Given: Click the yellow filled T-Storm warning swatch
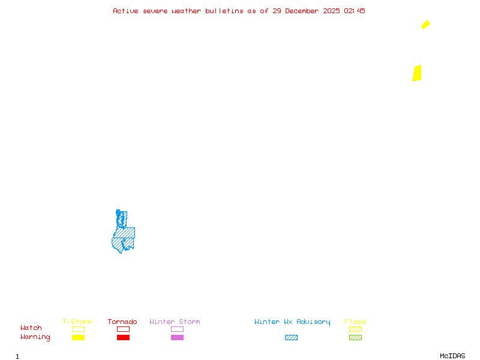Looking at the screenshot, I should click(x=78, y=338).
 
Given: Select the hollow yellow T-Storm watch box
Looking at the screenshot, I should click(x=78, y=329).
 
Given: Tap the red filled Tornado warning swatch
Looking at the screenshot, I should click(x=123, y=338).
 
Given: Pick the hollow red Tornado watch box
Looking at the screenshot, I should click(x=123, y=329).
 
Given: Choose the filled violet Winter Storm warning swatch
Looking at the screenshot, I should click(x=177, y=338).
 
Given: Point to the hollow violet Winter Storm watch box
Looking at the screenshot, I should click(x=177, y=329).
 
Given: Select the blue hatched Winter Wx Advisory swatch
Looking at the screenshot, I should click(x=291, y=338).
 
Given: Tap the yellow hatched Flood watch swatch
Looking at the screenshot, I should click(x=355, y=329).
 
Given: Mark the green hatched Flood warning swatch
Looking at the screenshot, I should click(x=355, y=338).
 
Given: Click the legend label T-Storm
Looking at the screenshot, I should click(x=77, y=322).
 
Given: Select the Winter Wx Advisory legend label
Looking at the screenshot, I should click(x=292, y=322).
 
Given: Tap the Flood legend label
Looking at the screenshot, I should click(x=355, y=322).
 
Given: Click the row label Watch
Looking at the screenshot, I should click(x=31, y=328).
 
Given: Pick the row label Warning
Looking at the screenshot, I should click(x=35, y=337).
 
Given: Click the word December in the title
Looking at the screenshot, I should click(x=302, y=11).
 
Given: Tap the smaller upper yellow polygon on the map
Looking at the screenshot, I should click(x=425, y=25).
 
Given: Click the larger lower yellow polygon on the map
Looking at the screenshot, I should click(x=417, y=73).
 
